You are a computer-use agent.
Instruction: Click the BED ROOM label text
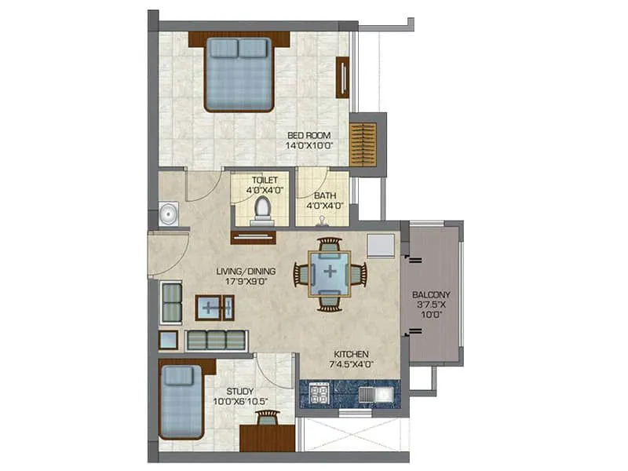pyautogui.click(x=309, y=135)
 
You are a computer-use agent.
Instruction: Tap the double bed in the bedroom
pyautogui.click(x=239, y=74)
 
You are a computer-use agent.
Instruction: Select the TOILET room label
pyautogui.click(x=265, y=180)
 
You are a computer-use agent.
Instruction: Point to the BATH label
pyautogui.click(x=324, y=195)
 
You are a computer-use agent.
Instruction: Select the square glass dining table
pyautogui.click(x=330, y=273)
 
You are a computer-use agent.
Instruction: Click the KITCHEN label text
pyautogui.click(x=351, y=354)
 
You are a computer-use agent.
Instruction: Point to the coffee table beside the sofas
pyautogui.click(x=215, y=306)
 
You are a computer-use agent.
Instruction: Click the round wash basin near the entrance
pyautogui.click(x=166, y=214)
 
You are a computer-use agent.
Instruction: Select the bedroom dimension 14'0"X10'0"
pyautogui.click(x=309, y=145)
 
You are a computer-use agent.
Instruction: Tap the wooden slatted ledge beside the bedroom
pyautogui.click(x=363, y=144)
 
